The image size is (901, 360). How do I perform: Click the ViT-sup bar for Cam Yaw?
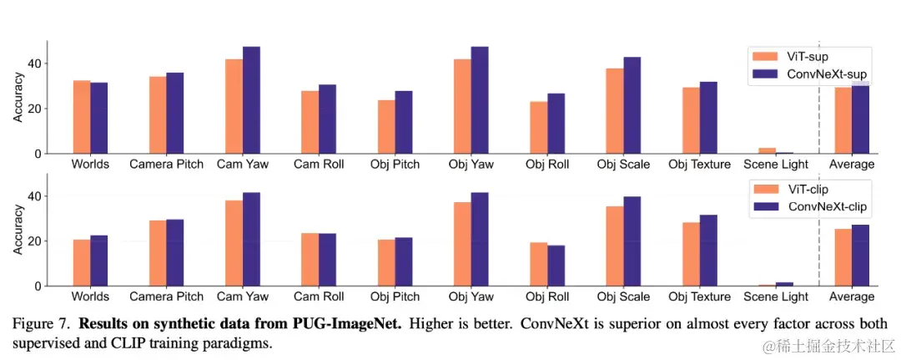(234, 106)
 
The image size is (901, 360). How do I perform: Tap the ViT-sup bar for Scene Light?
(767, 151)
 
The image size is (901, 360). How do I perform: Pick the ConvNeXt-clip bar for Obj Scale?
(632, 241)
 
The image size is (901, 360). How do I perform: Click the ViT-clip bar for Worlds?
(82, 263)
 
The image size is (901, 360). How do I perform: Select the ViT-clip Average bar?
(843, 257)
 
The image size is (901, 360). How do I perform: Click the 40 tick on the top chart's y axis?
(34, 63)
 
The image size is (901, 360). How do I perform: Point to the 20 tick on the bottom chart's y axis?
(34, 241)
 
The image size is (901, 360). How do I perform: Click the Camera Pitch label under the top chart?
(167, 165)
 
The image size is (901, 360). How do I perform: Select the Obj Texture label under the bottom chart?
(699, 297)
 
